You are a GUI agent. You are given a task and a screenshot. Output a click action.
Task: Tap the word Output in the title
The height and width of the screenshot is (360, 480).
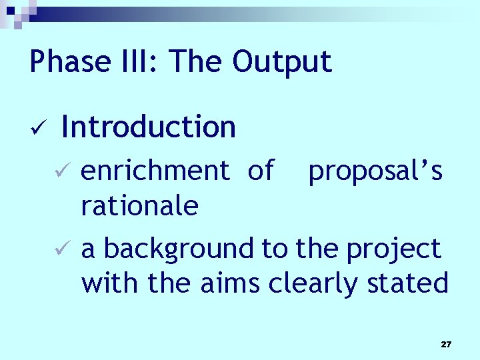click(x=282, y=62)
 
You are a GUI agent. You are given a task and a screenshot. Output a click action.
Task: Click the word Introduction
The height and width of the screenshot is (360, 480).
click(x=148, y=127)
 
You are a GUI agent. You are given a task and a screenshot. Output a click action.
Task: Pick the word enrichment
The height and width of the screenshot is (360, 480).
click(x=155, y=171)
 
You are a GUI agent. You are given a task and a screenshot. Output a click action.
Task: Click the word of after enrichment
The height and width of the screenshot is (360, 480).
click(x=260, y=171)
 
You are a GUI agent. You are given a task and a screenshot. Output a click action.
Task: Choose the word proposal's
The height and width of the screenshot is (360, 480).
click(x=375, y=172)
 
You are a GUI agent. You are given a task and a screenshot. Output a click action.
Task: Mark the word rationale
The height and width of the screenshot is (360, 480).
click(x=139, y=206)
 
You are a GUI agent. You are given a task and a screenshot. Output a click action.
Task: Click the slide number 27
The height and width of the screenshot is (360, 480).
click(x=446, y=345)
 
